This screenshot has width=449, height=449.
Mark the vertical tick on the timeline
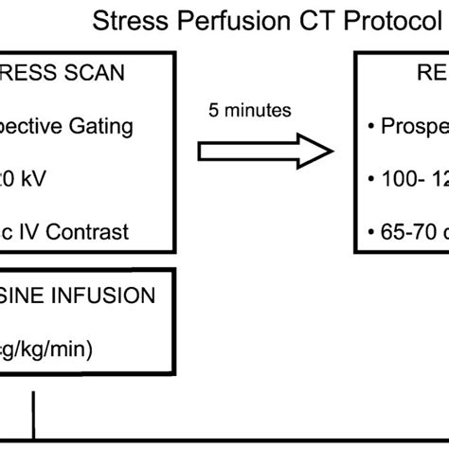(35, 413)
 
